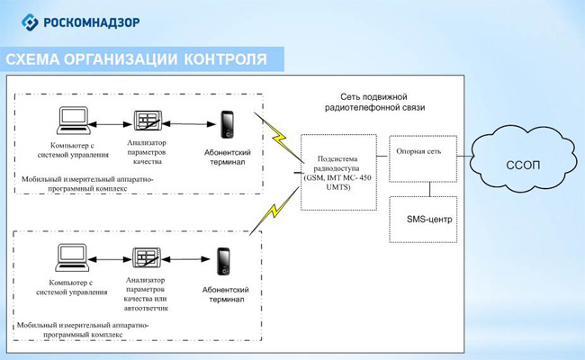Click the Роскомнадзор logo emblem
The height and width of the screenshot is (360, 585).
[30, 21]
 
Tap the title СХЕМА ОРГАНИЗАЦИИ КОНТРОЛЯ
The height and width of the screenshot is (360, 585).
[136, 59]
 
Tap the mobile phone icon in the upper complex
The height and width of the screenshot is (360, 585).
[228, 122]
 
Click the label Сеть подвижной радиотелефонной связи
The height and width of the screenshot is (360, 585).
[387, 101]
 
